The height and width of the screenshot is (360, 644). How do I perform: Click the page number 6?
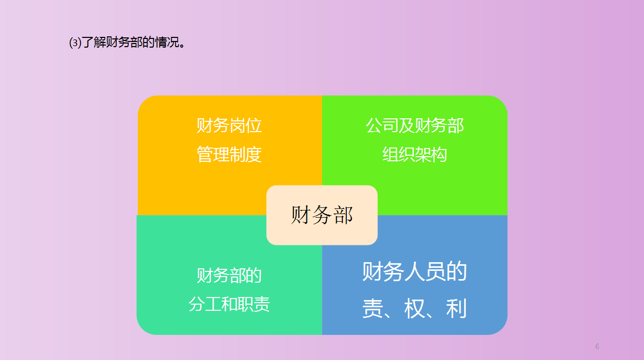click(x=597, y=347)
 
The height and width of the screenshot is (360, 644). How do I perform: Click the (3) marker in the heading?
click(x=75, y=43)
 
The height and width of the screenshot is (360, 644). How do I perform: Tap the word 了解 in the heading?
click(x=94, y=43)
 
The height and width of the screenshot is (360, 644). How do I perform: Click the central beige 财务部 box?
click(x=322, y=215)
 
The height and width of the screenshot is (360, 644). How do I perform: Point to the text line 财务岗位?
click(x=230, y=125)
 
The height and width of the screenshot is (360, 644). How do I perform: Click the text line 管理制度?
click(x=230, y=155)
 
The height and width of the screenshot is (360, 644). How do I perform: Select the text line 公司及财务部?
click(x=414, y=125)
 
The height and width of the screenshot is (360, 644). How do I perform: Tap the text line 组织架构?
click(x=414, y=155)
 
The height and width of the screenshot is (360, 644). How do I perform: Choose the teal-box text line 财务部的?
click(x=230, y=276)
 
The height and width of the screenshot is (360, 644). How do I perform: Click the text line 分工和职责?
click(x=230, y=305)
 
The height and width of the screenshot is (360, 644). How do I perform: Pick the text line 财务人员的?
click(x=414, y=271)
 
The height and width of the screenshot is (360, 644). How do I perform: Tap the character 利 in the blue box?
click(x=456, y=309)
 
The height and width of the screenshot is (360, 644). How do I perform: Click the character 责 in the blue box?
click(x=373, y=309)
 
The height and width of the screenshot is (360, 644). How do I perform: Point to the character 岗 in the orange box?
click(x=237, y=125)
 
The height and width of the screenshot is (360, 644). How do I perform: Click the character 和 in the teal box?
click(x=230, y=305)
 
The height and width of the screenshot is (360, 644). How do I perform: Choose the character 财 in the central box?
click(x=301, y=215)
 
